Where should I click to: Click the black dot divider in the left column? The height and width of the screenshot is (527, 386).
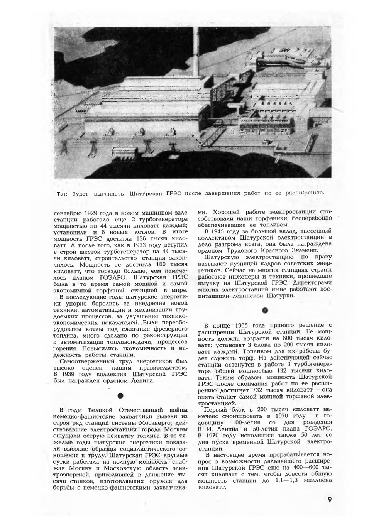pyautogui.click(x=120, y=396)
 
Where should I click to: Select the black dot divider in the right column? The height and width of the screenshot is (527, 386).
pyautogui.click(x=264, y=310)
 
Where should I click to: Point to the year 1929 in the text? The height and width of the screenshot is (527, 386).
pyautogui.click(x=85, y=213)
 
